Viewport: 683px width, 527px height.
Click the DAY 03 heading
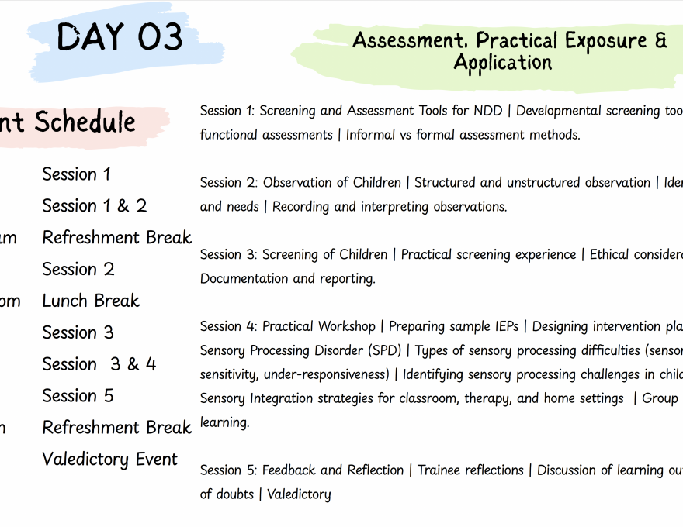point(120,36)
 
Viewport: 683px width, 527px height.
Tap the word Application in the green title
point(502,63)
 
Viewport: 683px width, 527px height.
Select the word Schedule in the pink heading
point(85,122)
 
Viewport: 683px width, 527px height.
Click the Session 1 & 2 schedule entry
point(94,206)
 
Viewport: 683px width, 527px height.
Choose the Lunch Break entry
point(91,301)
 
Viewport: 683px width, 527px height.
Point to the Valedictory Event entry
point(109,460)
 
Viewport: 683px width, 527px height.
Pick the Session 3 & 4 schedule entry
point(99,364)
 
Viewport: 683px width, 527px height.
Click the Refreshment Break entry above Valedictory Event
point(116,428)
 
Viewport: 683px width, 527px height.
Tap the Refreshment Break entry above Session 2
point(116,238)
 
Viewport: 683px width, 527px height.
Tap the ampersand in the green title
point(660,40)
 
